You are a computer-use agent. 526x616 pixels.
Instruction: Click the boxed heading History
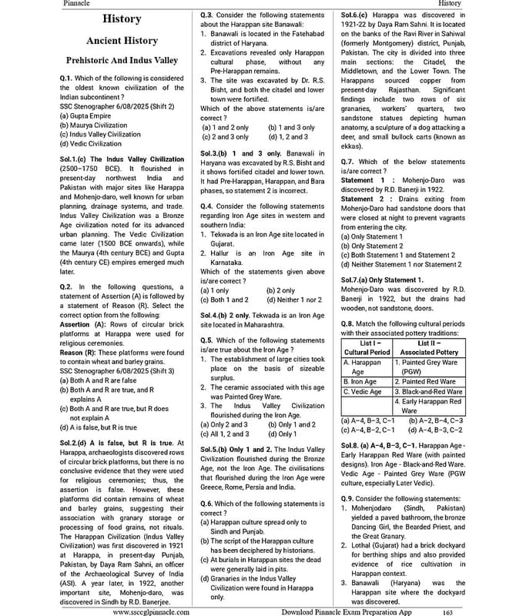tap(122, 18)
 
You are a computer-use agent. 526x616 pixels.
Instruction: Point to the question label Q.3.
tap(206, 15)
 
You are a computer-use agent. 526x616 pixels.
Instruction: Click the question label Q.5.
tap(206, 340)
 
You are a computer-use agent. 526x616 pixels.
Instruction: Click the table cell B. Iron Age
tap(359, 381)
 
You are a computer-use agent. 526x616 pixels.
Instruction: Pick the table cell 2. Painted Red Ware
tap(429, 381)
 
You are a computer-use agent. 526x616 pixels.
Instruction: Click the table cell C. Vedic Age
tap(362, 391)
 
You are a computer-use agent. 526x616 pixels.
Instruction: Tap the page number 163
tap(447, 611)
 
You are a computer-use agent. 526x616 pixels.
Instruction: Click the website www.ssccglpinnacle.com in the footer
tap(152, 611)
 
